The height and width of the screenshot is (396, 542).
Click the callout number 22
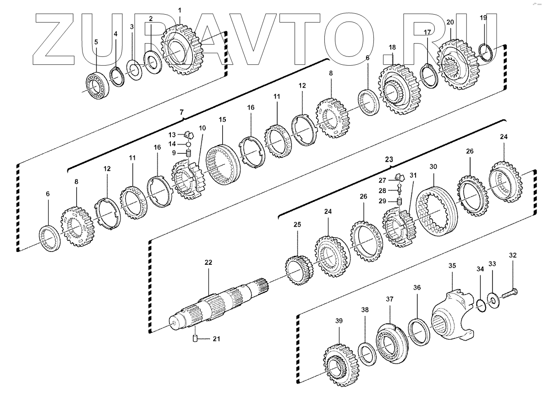(208, 262)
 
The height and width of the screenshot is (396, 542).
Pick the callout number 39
(339, 320)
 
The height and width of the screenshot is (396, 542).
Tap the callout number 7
(181, 112)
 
